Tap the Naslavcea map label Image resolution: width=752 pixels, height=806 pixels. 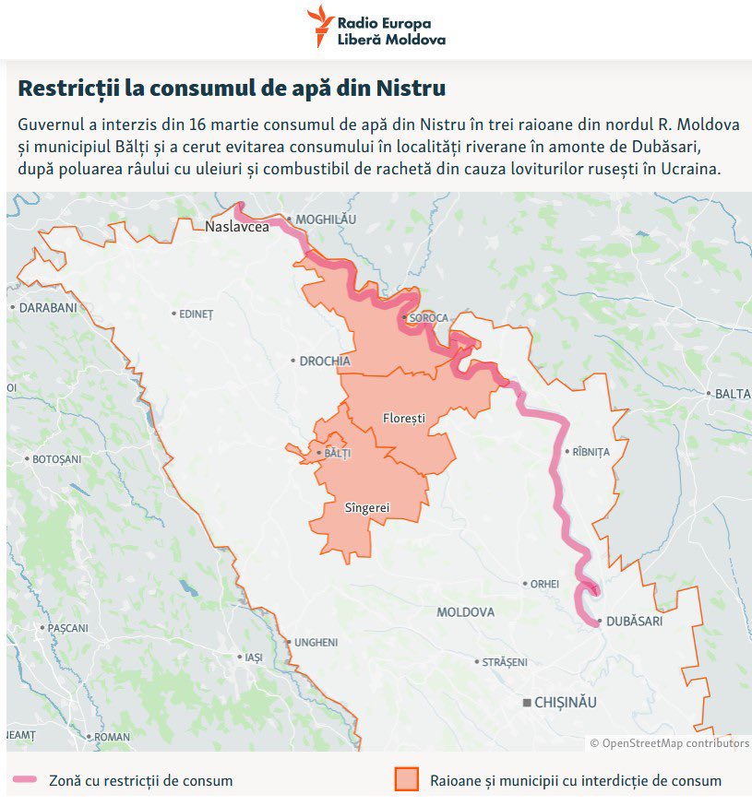(238, 227)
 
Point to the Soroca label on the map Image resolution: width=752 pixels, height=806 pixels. (428, 318)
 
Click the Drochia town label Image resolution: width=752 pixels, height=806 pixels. (325, 361)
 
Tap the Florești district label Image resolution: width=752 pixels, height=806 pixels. (404, 418)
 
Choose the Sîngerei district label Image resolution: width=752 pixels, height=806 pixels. (366, 507)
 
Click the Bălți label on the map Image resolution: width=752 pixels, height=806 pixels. (338, 454)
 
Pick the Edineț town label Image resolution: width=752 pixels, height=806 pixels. (196, 314)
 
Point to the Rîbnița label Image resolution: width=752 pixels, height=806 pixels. (591, 452)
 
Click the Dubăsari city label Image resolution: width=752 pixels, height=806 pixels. (635, 622)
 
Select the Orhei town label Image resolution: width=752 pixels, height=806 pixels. (544, 584)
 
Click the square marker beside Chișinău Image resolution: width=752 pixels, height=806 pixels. (527, 703)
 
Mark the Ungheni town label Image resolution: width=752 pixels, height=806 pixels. (316, 642)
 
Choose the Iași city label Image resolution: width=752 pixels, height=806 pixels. (253, 658)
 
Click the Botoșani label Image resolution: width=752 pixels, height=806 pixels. (56, 458)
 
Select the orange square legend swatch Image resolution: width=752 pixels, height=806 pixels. (407, 779)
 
